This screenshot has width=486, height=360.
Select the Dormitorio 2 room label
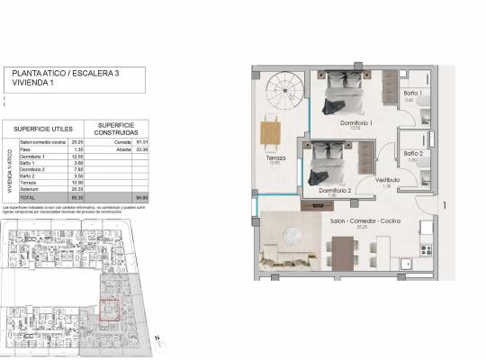pyautogui.click(x=335, y=192)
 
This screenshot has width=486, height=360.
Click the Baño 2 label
pyautogui.click(x=413, y=154)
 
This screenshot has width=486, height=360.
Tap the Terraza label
pyautogui.click(x=275, y=157)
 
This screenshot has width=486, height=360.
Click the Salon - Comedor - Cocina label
pyautogui.click(x=365, y=220)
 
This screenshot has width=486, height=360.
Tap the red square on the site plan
pyautogui.click(x=111, y=310)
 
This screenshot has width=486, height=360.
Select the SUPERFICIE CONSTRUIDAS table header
pyautogui.click(x=117, y=129)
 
